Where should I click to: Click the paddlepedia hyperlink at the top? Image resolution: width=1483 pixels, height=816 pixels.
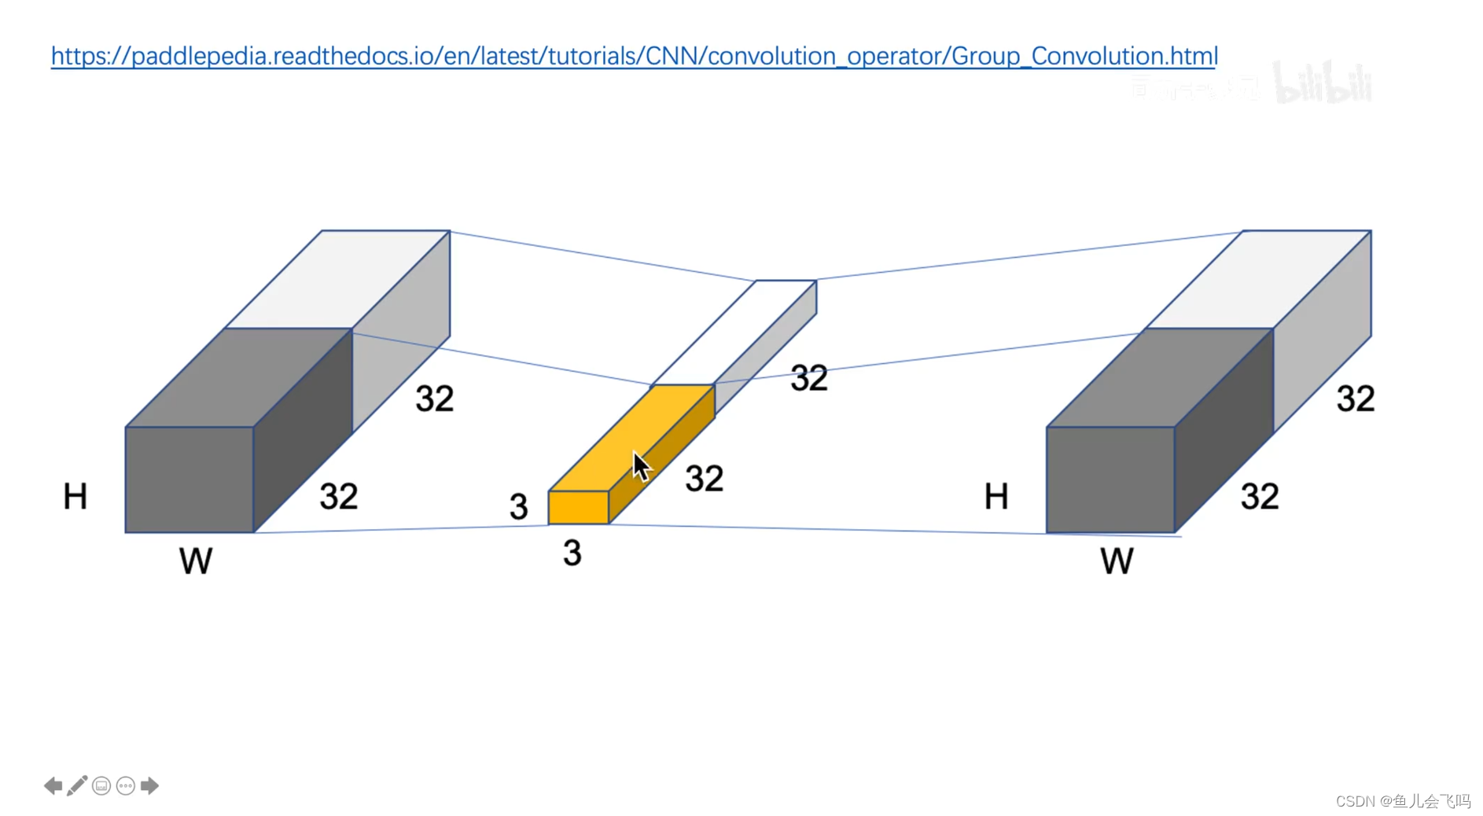tap(634, 56)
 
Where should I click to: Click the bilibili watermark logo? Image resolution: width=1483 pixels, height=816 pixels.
tap(1323, 83)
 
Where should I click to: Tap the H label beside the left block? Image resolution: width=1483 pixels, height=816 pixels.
tap(75, 497)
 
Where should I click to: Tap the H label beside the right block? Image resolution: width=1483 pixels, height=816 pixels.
tap(996, 497)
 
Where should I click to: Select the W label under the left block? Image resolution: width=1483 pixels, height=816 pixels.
tap(196, 561)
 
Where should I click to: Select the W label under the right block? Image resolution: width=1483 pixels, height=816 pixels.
tap(1117, 561)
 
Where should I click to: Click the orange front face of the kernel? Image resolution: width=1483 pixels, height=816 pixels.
tap(578, 508)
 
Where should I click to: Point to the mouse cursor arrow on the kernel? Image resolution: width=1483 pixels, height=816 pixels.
tap(641, 465)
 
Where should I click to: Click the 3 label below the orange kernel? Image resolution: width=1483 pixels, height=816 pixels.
tap(572, 553)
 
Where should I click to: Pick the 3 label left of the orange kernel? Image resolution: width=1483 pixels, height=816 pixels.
tap(518, 507)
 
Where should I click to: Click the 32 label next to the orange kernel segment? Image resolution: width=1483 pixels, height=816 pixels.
tap(704, 479)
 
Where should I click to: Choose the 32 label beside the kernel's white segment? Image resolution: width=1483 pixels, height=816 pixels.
tap(808, 379)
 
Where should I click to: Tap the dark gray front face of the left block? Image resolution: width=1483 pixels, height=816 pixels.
tap(190, 480)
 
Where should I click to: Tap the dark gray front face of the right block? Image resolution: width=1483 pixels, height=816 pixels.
tap(1110, 480)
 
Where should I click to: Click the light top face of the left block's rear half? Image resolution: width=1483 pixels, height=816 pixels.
tap(338, 279)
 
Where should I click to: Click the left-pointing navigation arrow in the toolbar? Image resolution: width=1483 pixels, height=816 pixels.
tap(53, 785)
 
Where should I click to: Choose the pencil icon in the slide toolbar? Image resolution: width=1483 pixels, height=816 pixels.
tap(77, 785)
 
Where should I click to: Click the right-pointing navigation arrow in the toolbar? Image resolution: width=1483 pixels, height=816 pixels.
tap(149, 785)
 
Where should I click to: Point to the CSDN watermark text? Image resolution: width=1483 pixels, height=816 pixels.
tap(1403, 801)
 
